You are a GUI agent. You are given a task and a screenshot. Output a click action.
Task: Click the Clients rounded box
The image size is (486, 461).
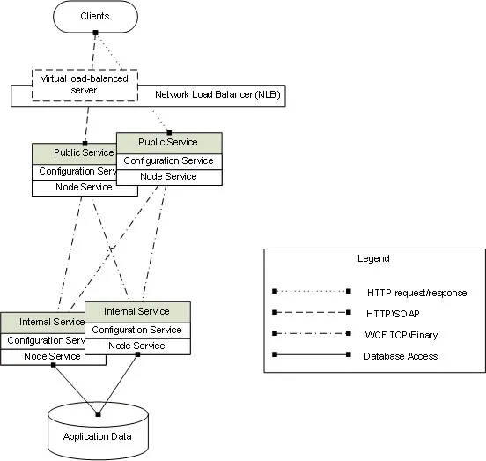tap(95, 16)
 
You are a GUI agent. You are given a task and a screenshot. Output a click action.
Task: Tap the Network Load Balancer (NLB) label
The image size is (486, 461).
tap(217, 94)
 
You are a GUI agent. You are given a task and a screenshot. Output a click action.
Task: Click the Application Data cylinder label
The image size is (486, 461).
tap(98, 436)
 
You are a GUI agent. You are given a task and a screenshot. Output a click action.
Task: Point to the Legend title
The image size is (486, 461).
tap(373, 258)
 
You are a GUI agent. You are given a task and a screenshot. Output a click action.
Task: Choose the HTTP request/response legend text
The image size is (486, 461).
tap(416, 293)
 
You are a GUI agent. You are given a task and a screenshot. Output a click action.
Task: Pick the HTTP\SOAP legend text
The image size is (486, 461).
tap(393, 314)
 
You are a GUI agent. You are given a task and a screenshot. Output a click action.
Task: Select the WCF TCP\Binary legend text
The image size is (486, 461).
tap(401, 335)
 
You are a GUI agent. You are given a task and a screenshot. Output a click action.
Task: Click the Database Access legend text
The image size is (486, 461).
tap(401, 356)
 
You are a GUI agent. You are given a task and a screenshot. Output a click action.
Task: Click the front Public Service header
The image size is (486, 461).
tap(169, 143)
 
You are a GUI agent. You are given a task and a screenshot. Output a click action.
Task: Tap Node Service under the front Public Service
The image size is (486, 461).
tap(169, 177)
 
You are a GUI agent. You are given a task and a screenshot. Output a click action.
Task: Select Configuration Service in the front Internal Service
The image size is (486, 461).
tap(137, 331)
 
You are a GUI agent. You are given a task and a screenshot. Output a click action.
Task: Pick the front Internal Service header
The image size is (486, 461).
tap(137, 312)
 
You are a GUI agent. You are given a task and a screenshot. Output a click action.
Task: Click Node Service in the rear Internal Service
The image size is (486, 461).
tap(53, 357)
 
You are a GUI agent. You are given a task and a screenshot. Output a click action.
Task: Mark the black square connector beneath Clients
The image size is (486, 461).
tap(95, 33)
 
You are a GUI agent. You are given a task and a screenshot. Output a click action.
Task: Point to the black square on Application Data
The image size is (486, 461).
tap(98, 414)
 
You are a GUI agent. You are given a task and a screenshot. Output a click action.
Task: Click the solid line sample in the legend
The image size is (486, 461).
tap(312, 354)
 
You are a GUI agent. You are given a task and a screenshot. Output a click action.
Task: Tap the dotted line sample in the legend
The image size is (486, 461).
tap(312, 291)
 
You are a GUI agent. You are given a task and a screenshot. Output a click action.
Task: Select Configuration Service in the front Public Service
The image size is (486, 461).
tap(169, 161)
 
